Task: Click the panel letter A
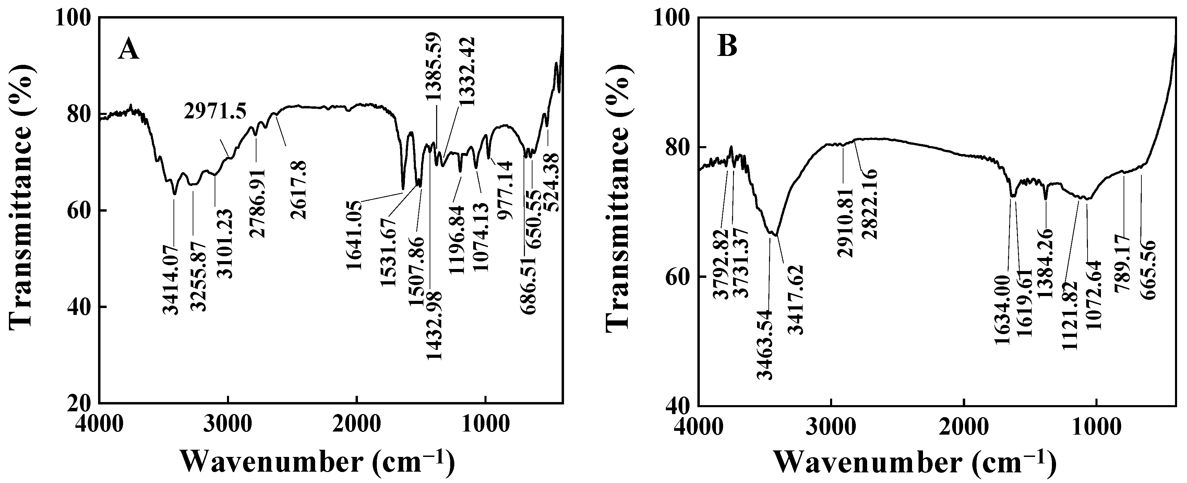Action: tap(129, 49)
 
